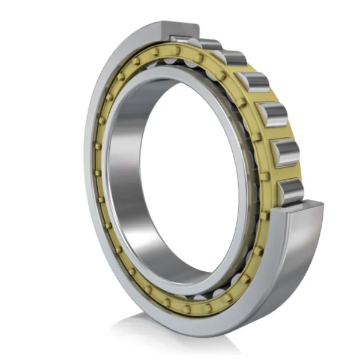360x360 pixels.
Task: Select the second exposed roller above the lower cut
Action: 285,152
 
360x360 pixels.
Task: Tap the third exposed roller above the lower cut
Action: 272,114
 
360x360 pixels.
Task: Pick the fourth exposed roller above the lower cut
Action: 254,82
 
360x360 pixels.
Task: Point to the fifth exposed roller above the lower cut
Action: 233,58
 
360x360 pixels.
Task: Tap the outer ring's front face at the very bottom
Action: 180,324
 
